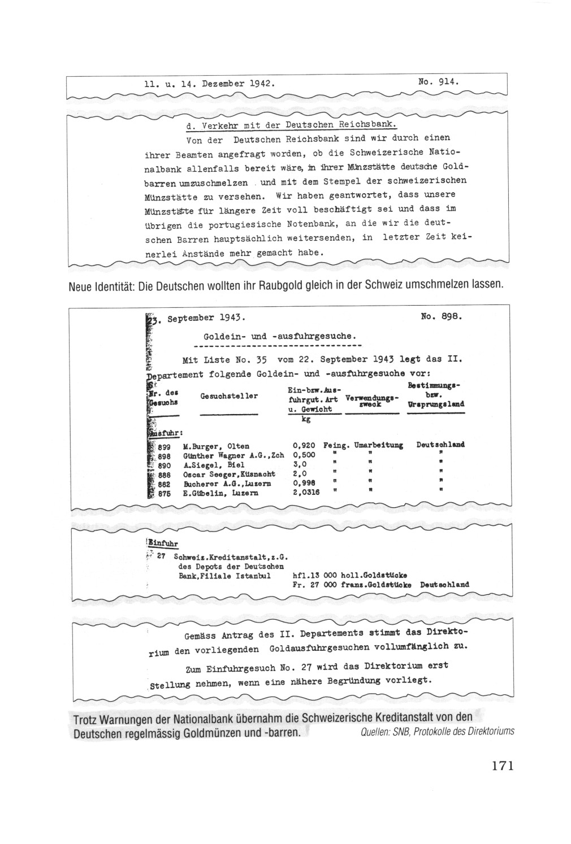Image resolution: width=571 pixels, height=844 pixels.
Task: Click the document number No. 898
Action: (x=441, y=317)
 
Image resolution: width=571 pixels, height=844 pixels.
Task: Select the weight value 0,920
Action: (x=304, y=446)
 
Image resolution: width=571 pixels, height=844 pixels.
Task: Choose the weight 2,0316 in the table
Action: (x=306, y=493)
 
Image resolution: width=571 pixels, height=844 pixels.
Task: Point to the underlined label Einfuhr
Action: (x=163, y=544)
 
